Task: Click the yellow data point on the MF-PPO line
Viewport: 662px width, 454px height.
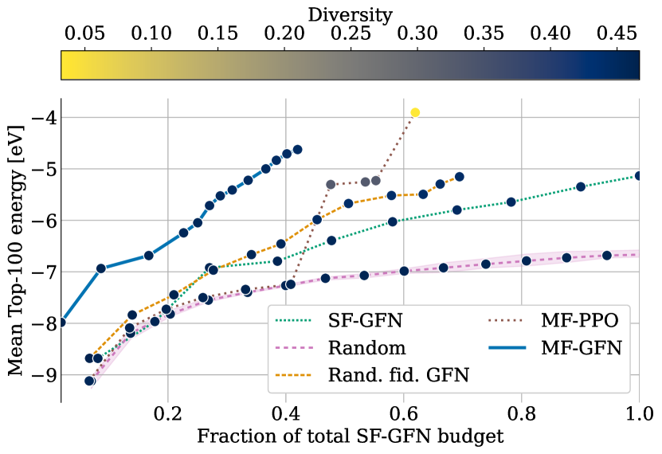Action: click(414, 112)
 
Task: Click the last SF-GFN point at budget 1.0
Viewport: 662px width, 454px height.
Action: click(639, 175)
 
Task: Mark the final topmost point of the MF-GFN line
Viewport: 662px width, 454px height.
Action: click(297, 149)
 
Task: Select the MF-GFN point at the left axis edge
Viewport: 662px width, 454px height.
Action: click(61, 323)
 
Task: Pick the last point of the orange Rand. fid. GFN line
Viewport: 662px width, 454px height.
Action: click(459, 177)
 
